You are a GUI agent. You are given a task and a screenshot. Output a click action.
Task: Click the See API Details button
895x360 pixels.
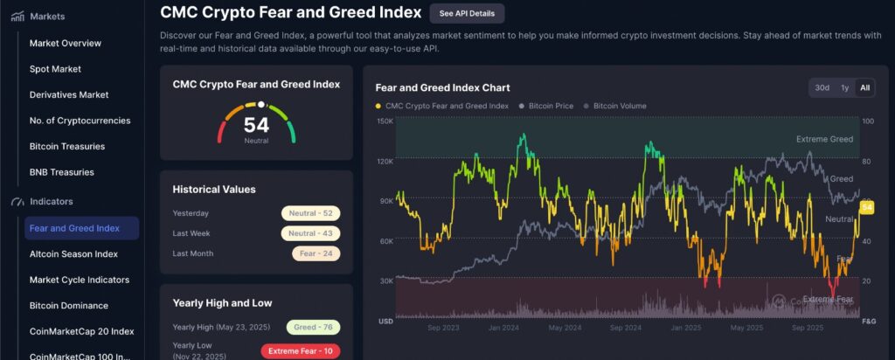point(467,13)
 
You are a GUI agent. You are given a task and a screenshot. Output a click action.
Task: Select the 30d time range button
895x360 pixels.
point(822,87)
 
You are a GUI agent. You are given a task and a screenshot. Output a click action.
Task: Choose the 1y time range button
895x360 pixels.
point(844,87)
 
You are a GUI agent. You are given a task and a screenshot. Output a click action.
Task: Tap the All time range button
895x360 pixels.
point(864,87)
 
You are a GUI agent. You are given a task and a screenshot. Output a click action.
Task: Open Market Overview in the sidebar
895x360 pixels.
point(66,43)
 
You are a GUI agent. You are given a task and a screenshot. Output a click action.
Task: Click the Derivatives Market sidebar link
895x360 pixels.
point(69,94)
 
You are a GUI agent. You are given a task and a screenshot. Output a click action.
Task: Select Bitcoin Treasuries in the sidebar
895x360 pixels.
point(67,146)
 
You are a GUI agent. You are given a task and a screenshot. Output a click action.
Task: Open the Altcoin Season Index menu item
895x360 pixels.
point(73,254)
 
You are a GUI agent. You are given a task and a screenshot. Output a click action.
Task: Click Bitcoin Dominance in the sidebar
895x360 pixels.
point(69,306)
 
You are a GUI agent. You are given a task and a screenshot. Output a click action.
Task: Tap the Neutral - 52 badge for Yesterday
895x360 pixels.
point(310,213)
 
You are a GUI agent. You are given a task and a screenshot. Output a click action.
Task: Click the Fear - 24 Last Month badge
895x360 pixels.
point(316,253)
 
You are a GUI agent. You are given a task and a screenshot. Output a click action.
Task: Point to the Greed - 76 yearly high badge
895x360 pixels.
point(312,327)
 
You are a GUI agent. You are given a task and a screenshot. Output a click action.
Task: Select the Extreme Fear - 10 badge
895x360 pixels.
point(301,351)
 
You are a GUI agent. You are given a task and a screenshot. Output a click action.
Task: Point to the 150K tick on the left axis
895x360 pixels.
point(385,121)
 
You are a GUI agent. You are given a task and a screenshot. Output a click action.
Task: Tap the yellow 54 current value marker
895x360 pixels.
point(867,207)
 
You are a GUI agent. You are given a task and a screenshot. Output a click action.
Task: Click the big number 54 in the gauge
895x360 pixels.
point(256,125)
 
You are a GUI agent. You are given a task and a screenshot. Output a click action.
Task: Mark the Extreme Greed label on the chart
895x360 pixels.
point(824,139)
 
